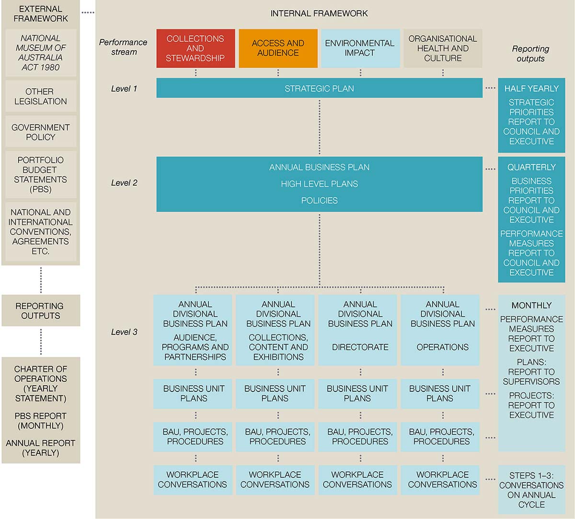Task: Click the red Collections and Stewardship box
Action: click(195, 48)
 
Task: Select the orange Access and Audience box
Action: click(278, 48)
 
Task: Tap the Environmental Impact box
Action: click(360, 48)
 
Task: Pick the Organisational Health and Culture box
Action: click(443, 48)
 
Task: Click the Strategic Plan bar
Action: click(319, 88)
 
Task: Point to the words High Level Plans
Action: click(319, 184)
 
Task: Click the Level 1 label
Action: click(124, 89)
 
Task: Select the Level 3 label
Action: click(124, 332)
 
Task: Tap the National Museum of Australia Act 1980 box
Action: click(41, 53)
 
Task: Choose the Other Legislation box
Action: click(41, 96)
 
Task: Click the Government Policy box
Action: click(41, 132)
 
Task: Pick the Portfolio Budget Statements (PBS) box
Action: click(41, 175)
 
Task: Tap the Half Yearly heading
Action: click(531, 88)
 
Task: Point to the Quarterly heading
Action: click(531, 167)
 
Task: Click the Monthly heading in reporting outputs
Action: click(531, 305)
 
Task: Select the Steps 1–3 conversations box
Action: click(532, 490)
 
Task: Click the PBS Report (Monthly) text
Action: click(40, 421)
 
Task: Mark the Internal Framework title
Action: click(319, 13)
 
